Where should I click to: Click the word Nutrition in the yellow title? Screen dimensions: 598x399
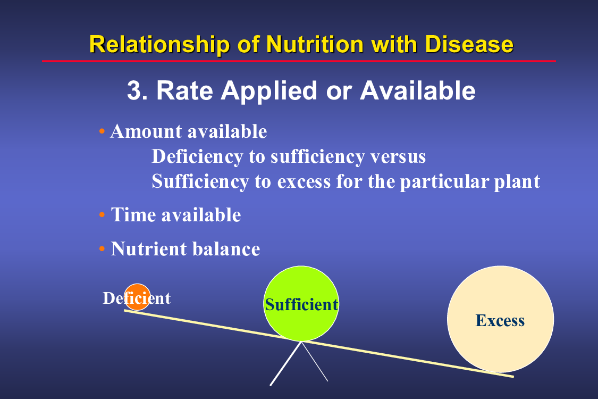pyautogui.click(x=315, y=44)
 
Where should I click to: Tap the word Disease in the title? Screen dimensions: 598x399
pyautogui.click(x=469, y=44)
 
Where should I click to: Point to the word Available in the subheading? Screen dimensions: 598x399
pyautogui.click(x=418, y=90)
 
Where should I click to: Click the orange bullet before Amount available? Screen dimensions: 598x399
pyautogui.click(x=102, y=131)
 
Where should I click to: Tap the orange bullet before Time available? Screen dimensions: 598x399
pyautogui.click(x=102, y=214)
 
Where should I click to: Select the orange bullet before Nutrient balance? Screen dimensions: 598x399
pyautogui.click(x=102, y=249)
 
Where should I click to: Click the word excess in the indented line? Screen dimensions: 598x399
pyautogui.click(x=304, y=182)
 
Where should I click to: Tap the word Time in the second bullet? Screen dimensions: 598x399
pyautogui.click(x=133, y=214)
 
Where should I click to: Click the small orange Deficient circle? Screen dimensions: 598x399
pyautogui.click(x=137, y=297)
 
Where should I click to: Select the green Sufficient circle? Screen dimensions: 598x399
pyautogui.click(x=301, y=304)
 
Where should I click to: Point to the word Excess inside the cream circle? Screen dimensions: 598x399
pyautogui.click(x=500, y=321)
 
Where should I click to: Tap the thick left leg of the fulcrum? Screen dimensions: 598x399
pyautogui.click(x=285, y=364)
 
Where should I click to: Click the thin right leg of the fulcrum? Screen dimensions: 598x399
pyautogui.click(x=315, y=362)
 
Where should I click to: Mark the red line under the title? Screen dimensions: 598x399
pyautogui.click(x=299, y=61)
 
